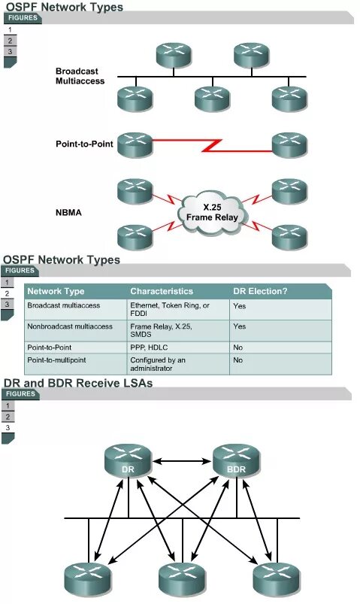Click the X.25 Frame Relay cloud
pos(212,212)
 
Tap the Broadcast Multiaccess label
pos(80,76)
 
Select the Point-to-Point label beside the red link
pos(84,144)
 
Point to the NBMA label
pos(68,213)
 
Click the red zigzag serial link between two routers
pos(212,145)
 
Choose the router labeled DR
pos(129,461)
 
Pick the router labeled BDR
pos(237,461)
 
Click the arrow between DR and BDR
pos(183,460)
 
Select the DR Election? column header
pos(260,291)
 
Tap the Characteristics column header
pos(162,291)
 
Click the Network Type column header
pos(56,291)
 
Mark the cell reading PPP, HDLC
pos(149,348)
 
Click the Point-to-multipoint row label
pos(56,360)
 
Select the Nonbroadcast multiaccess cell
pos(70,326)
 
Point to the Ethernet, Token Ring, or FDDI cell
pos(170,309)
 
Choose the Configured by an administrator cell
pos(158,364)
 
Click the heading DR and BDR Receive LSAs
pos(78,384)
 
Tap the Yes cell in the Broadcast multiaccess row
pos(240,306)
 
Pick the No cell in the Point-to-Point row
pos(238,348)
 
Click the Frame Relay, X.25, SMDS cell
pos(162,330)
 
